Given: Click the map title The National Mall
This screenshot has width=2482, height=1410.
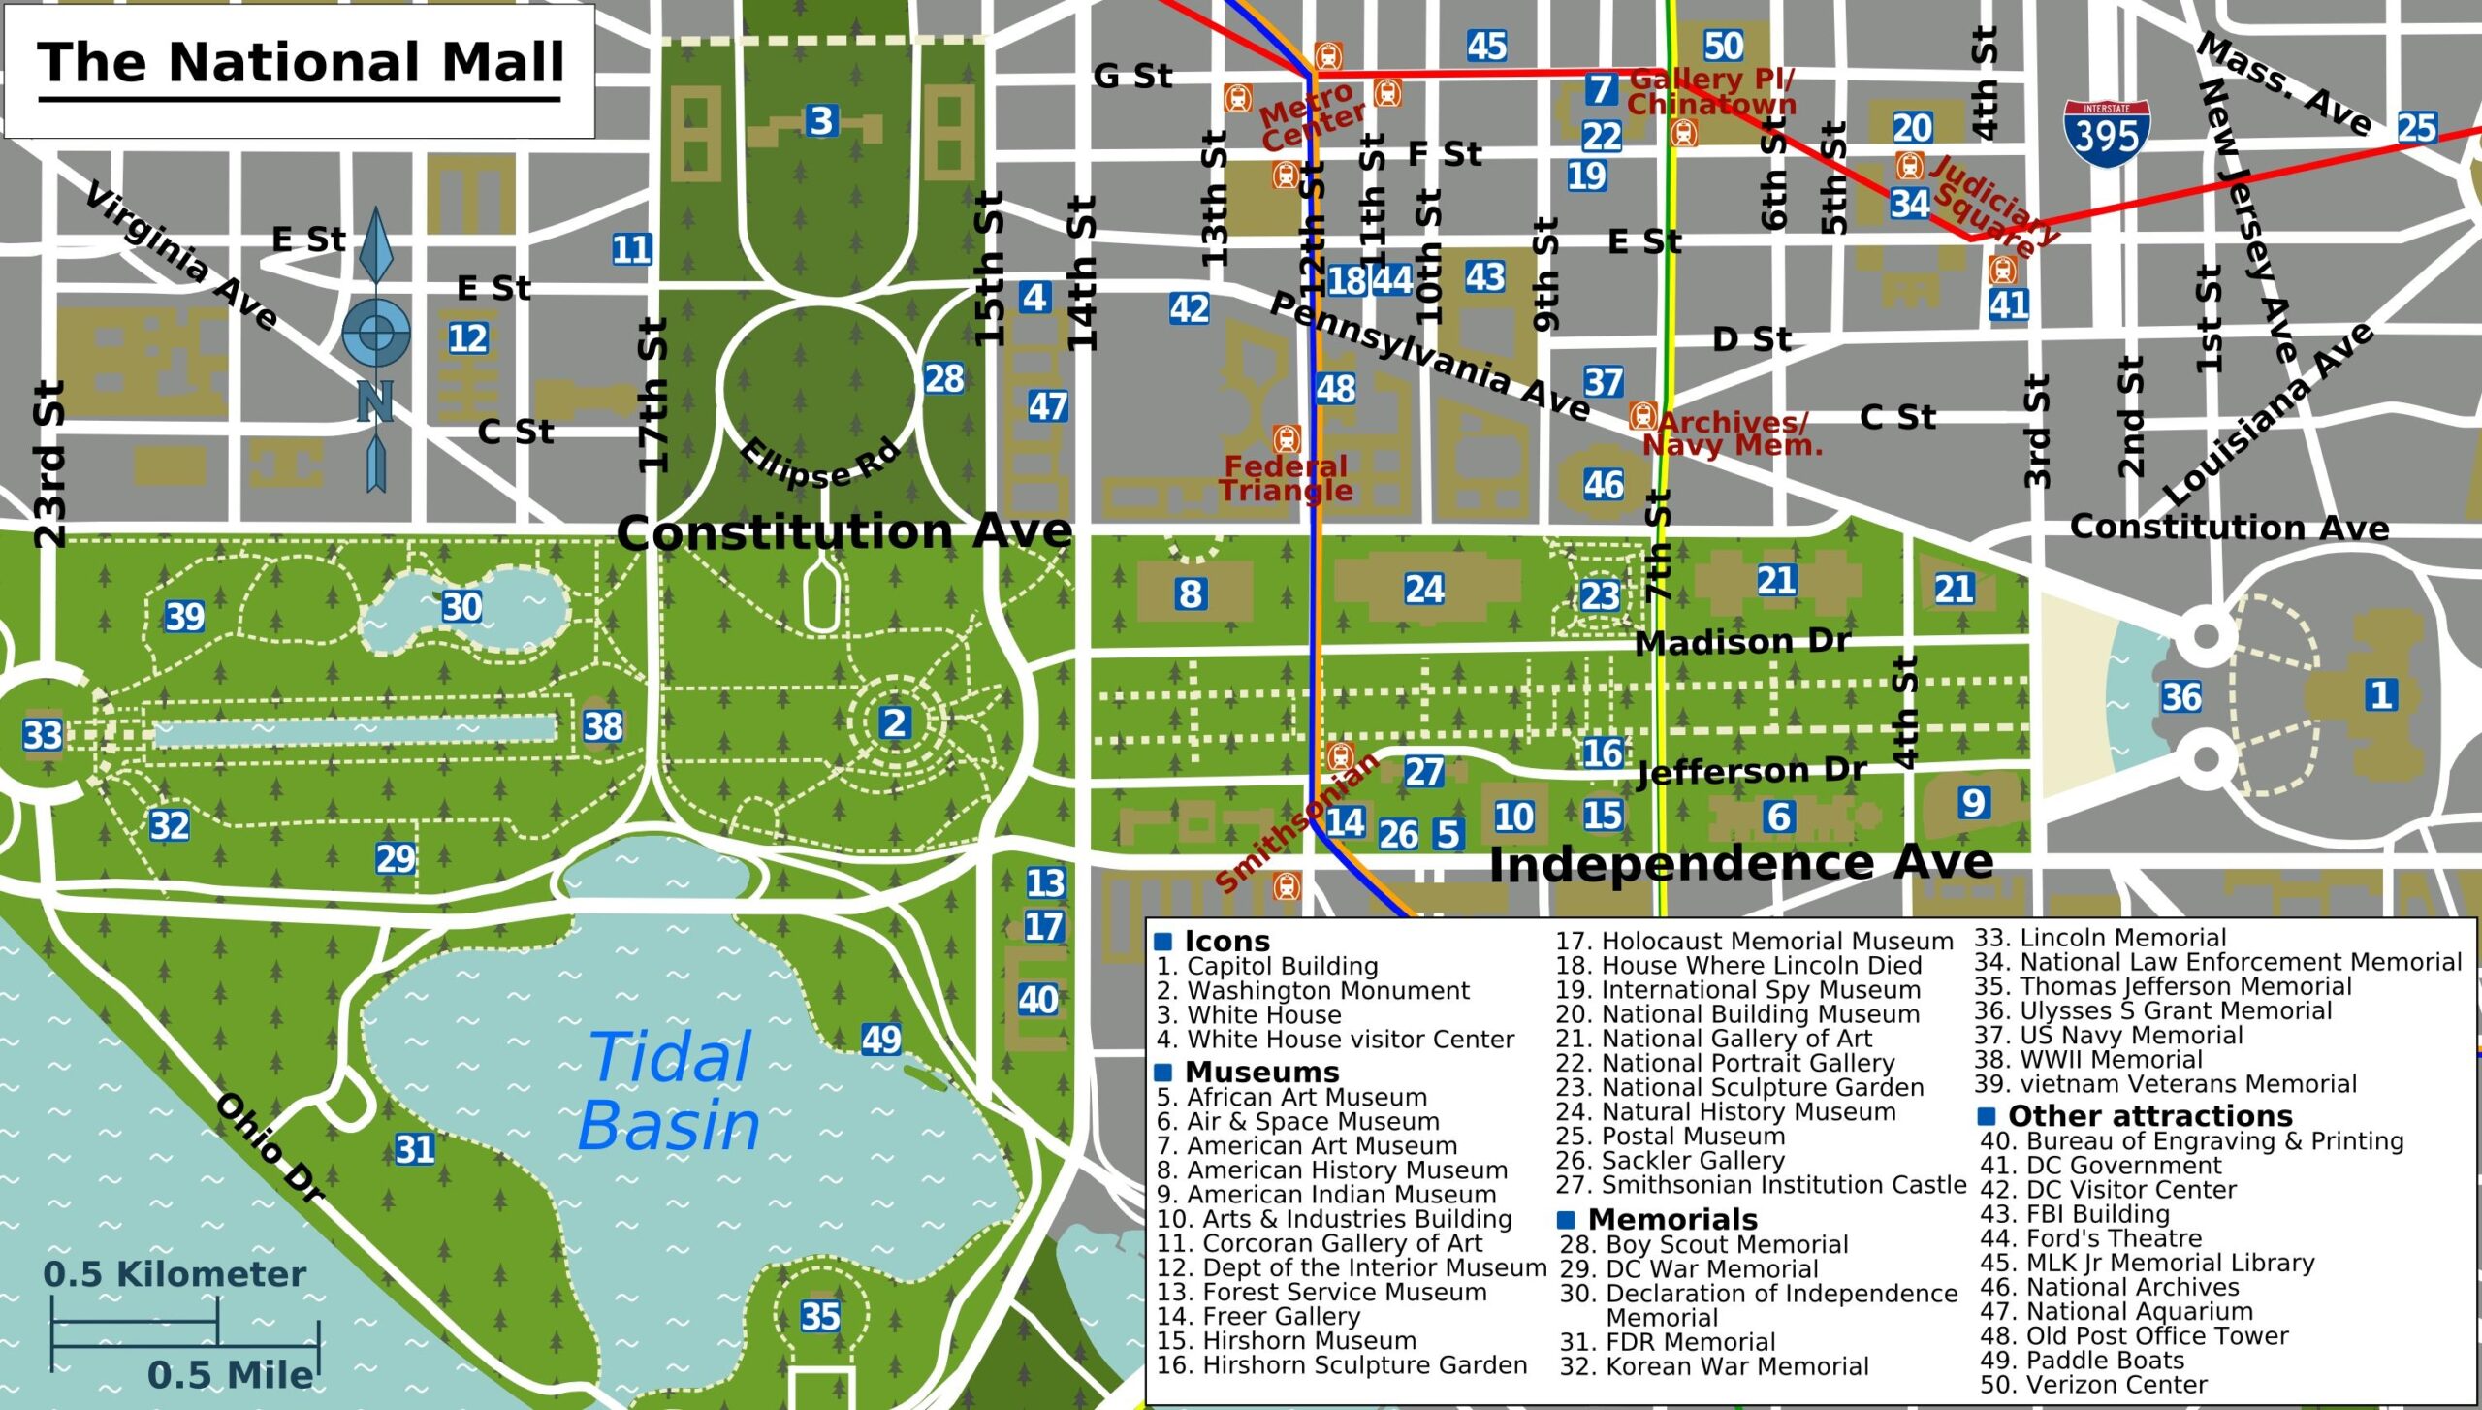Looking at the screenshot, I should click(x=301, y=63).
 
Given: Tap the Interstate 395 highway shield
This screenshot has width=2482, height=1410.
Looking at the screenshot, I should click(x=2106, y=134).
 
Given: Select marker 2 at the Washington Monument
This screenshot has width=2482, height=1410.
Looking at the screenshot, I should click(x=894, y=722).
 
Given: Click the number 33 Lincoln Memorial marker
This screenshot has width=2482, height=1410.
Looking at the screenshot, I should click(x=43, y=735).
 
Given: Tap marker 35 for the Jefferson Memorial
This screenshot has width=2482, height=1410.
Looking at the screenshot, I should click(x=820, y=1316).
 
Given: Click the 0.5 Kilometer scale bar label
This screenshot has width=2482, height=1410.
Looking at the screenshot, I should click(x=175, y=1273).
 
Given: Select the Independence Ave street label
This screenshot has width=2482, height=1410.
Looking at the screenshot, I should click(x=1740, y=863).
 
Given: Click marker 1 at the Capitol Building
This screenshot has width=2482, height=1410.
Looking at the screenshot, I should click(x=2381, y=694).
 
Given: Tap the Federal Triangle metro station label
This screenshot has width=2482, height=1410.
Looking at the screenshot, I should click(x=1286, y=478).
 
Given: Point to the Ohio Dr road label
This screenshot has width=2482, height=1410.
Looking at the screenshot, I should click(x=270, y=1147).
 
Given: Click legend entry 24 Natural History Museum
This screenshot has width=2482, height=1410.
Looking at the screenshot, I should click(x=1726, y=1111).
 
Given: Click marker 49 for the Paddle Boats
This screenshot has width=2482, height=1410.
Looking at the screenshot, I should click(x=881, y=1040).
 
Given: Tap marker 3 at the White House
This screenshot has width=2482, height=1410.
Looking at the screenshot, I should click(x=821, y=121).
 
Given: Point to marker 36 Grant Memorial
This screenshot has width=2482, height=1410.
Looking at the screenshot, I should click(x=2181, y=696).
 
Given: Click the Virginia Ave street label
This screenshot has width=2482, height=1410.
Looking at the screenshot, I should click(x=181, y=256).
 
